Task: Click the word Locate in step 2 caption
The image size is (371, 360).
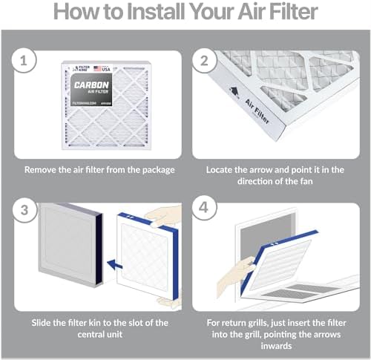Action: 223,169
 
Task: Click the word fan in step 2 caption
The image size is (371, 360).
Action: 295,182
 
